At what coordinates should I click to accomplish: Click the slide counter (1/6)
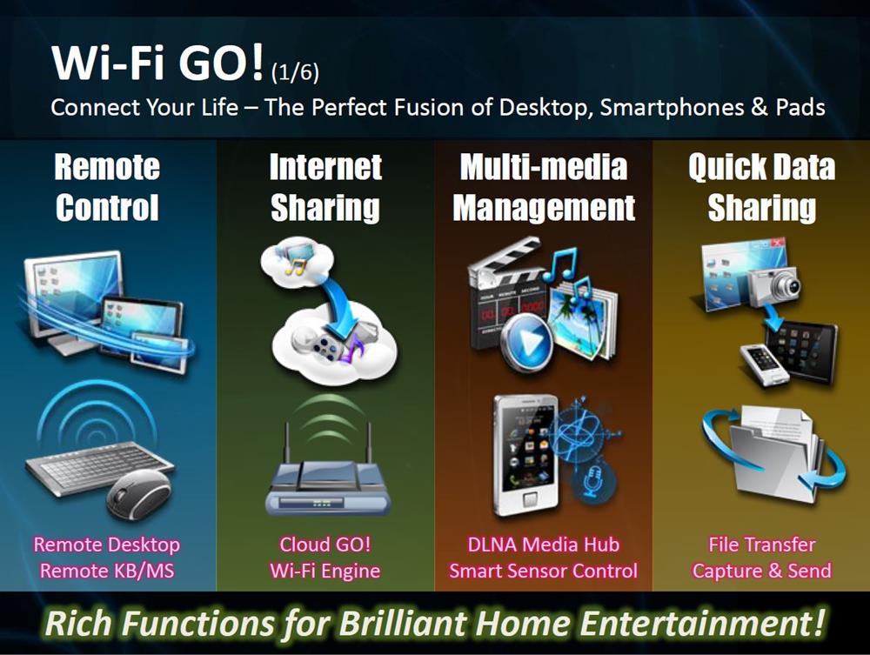pyautogui.click(x=295, y=73)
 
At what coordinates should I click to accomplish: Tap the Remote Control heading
pyautogui.click(x=107, y=188)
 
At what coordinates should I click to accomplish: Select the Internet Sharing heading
pyautogui.click(x=325, y=188)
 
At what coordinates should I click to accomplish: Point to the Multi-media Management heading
pyautogui.click(x=544, y=188)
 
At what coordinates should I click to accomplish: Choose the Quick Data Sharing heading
pyautogui.click(x=762, y=188)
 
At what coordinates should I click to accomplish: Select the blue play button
pyautogui.click(x=527, y=339)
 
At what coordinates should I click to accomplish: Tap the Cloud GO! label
pyautogui.click(x=325, y=545)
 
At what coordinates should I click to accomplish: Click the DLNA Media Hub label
pyautogui.click(x=544, y=545)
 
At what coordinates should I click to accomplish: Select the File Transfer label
pyautogui.click(x=762, y=545)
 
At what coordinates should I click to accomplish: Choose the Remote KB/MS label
pyautogui.click(x=107, y=571)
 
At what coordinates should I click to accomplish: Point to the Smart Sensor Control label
pyautogui.click(x=544, y=571)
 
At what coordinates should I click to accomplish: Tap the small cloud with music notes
pyautogui.click(x=297, y=260)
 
